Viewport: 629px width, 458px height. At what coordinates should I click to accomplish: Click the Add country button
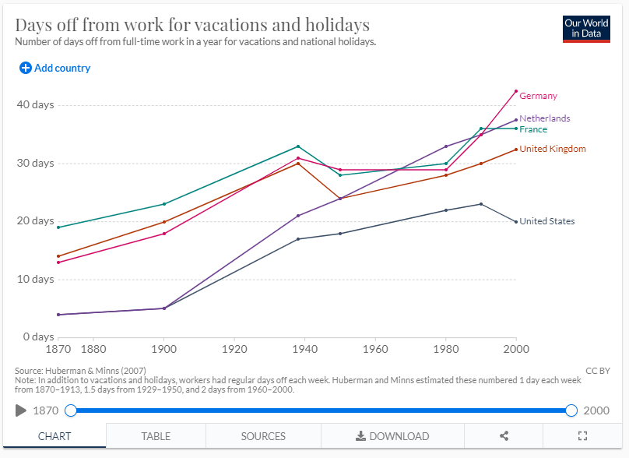pos(55,68)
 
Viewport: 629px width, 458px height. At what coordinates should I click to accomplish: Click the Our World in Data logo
pos(586,29)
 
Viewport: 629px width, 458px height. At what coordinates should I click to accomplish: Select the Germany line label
pos(538,96)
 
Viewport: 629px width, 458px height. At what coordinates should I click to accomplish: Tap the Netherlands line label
pos(544,118)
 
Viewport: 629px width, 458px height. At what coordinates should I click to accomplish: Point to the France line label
pos(533,129)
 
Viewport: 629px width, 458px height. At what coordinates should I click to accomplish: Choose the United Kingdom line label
pos(552,149)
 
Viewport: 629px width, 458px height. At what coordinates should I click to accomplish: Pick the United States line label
pos(546,221)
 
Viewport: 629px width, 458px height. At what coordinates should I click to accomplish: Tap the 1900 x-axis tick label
pos(163,350)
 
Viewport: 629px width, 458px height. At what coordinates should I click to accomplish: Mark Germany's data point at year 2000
pos(515,91)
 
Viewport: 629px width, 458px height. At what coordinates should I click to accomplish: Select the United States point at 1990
pos(481,204)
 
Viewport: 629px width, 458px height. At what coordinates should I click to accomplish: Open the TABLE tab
pos(156,436)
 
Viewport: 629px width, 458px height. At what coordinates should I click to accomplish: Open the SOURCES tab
pos(263,436)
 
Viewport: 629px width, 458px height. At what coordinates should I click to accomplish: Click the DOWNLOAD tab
pos(392,436)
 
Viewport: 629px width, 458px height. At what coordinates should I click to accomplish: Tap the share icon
pos(504,436)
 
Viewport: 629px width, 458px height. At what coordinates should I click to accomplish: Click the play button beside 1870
pos(21,410)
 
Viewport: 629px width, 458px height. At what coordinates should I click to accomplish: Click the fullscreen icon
pos(582,436)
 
